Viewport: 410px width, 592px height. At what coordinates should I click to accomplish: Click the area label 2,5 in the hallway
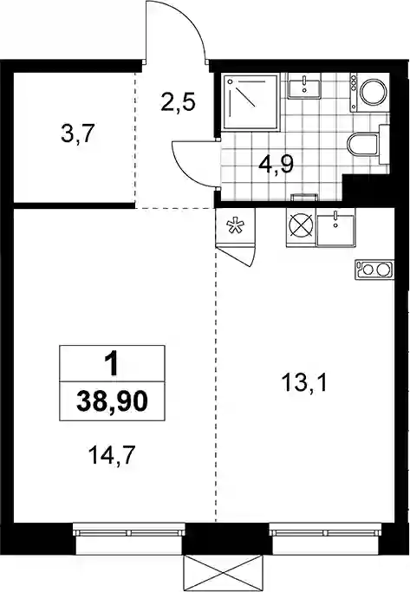pyautogui.click(x=178, y=102)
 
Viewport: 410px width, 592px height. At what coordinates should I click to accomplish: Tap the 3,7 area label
pyautogui.click(x=77, y=134)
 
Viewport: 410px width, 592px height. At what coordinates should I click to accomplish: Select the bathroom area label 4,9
pyautogui.click(x=276, y=164)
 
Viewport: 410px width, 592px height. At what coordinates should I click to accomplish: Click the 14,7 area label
pyautogui.click(x=111, y=455)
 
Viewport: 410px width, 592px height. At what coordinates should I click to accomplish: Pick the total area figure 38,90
pyautogui.click(x=112, y=401)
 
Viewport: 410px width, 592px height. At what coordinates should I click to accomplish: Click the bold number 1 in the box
pyautogui.click(x=112, y=364)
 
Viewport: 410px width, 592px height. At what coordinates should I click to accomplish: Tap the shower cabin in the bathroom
pyautogui.click(x=251, y=102)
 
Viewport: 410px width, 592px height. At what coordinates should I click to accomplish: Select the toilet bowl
pyautogui.click(x=363, y=144)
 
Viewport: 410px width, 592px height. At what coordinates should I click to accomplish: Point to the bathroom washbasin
pyautogui.click(x=304, y=86)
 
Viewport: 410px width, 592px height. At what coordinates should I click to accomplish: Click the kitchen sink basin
pyautogui.click(x=336, y=231)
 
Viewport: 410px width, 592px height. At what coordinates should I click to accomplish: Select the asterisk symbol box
pyautogui.click(x=235, y=226)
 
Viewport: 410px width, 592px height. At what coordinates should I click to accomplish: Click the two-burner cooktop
pyautogui.click(x=374, y=270)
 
